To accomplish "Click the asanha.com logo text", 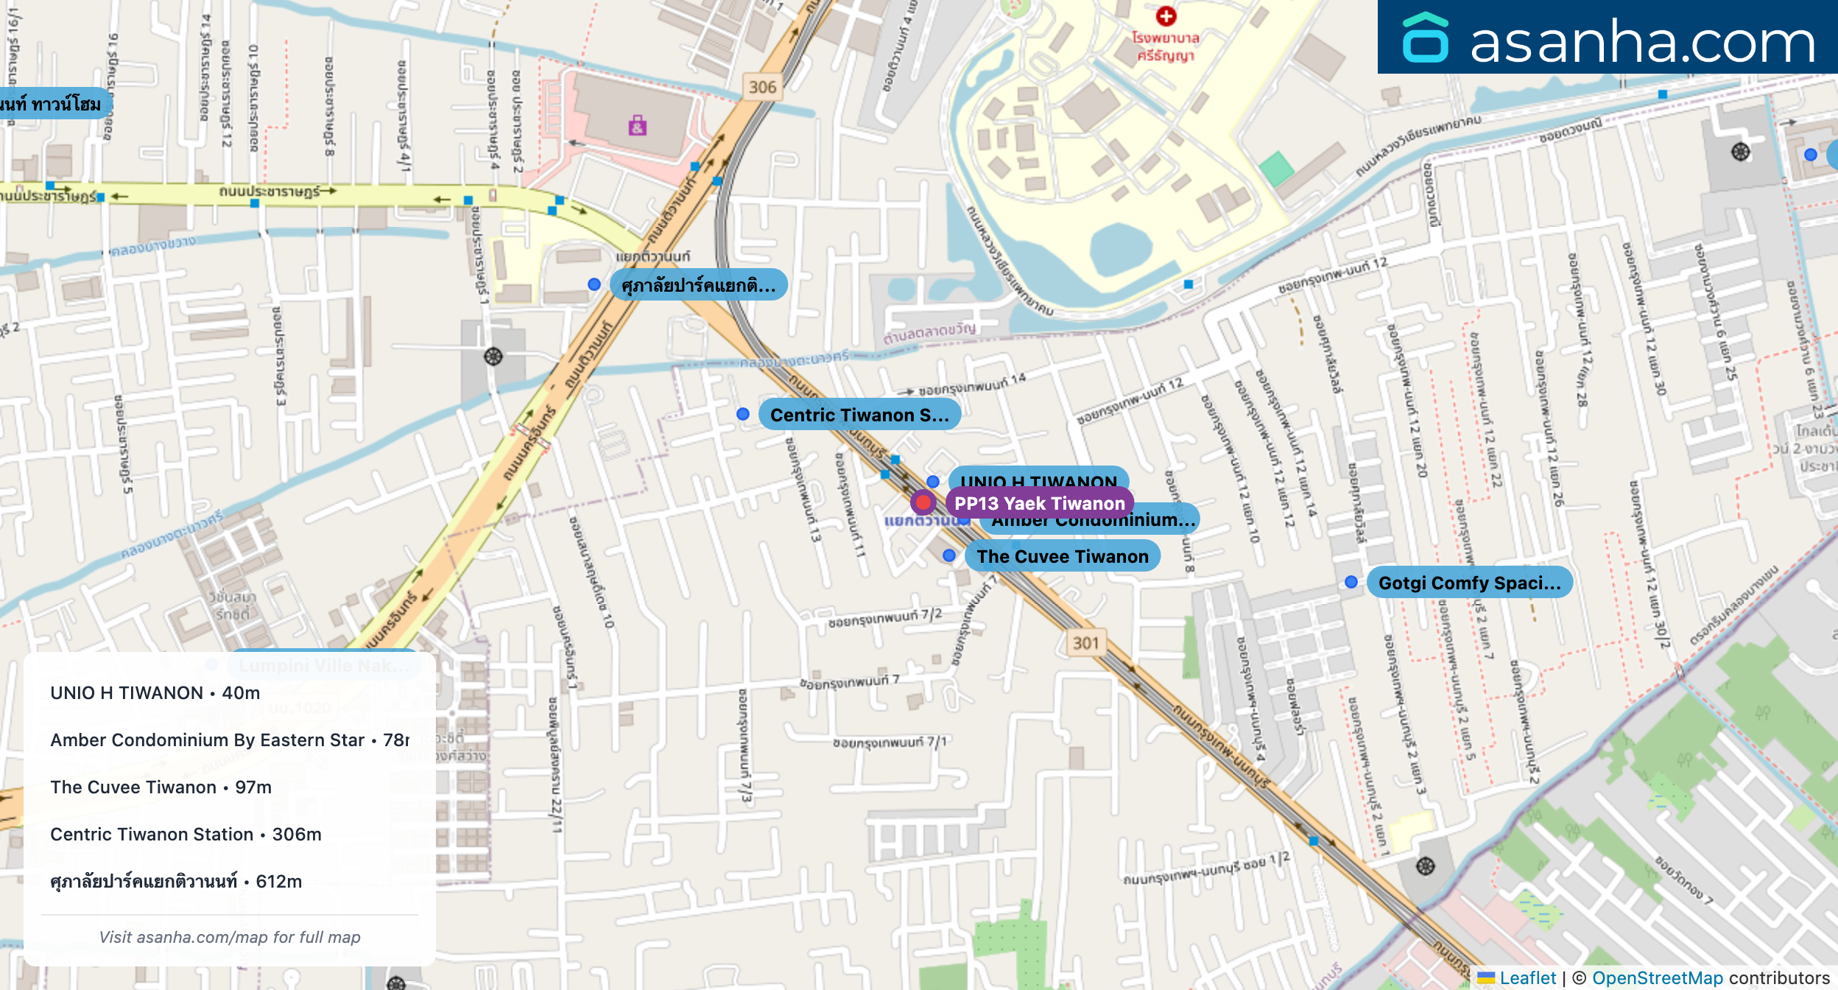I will click(x=1642, y=42).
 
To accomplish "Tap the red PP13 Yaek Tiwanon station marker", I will click(x=923, y=502).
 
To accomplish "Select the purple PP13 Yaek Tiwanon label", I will click(x=1039, y=503).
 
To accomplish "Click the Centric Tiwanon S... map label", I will click(x=859, y=415).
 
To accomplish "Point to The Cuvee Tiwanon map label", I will click(x=1062, y=556).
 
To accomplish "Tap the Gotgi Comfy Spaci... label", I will click(x=1469, y=583).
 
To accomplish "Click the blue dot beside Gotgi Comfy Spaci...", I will click(x=1351, y=582).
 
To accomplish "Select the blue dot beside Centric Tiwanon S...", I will click(x=743, y=414).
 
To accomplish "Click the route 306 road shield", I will click(x=762, y=87).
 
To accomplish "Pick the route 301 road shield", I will click(x=1085, y=643).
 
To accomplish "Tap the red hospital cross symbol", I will click(x=1166, y=15).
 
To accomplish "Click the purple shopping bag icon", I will click(x=638, y=126).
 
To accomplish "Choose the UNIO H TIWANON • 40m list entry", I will click(x=155, y=692).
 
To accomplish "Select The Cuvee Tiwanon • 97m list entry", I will click(x=161, y=787).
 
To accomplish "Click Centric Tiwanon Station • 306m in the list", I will click(x=186, y=834).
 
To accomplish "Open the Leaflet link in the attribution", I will click(x=1527, y=977).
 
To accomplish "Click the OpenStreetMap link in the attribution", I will click(x=1658, y=977).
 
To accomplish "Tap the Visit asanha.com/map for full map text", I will click(x=230, y=937).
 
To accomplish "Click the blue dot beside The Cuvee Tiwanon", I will click(x=949, y=555).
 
